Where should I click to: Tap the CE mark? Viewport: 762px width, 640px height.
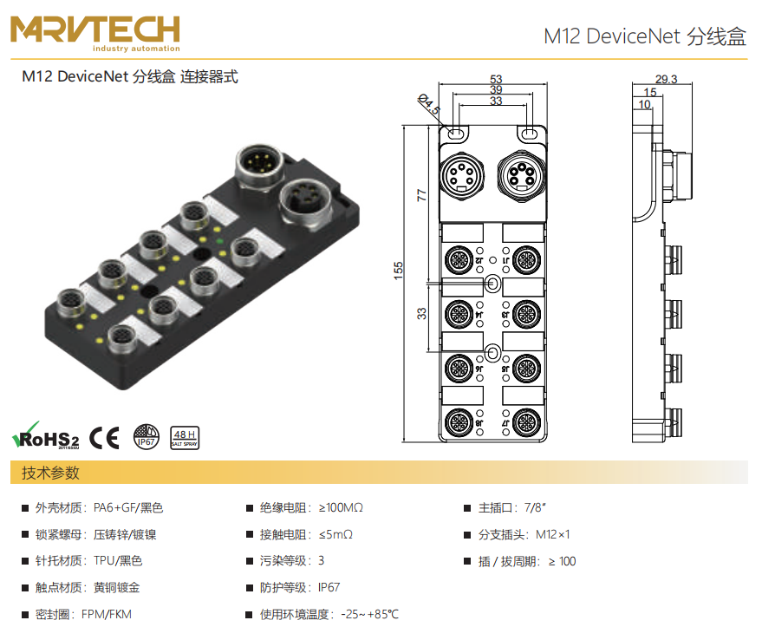coord(105,436)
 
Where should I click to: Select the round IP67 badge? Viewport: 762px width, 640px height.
coord(146,436)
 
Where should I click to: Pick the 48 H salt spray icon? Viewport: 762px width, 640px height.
coord(184,436)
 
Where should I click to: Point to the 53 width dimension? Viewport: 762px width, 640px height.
coord(496,79)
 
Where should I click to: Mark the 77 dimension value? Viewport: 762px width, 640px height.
coord(422,194)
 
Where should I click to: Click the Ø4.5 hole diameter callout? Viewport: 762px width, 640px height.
coord(429,105)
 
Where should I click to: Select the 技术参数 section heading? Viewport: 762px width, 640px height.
coord(50,473)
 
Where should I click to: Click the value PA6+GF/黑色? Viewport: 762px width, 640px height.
coord(128,507)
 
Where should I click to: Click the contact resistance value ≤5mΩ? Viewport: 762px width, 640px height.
coord(335,534)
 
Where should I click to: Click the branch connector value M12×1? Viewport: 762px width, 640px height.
coord(552,534)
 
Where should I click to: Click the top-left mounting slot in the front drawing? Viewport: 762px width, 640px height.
coord(456,134)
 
